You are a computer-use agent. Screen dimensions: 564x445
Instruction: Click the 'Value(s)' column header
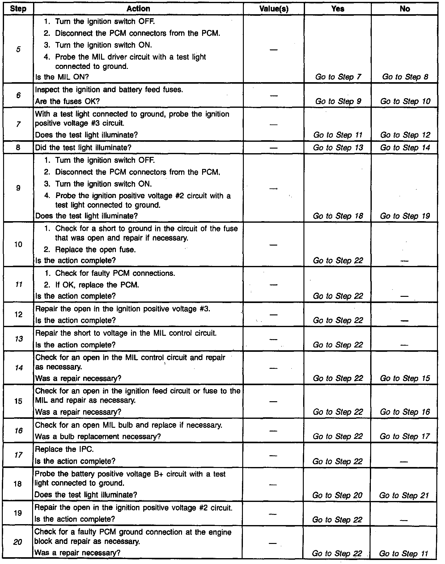pyautogui.click(x=274, y=9)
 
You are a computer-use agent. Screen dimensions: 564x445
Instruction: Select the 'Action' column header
pyautogui.click(x=138, y=9)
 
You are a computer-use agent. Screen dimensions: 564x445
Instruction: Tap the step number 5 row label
pyautogui.click(x=18, y=49)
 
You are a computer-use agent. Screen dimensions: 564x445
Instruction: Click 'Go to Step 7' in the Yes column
pyautogui.click(x=338, y=77)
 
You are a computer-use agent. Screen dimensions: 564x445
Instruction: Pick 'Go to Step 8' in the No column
pyautogui.click(x=405, y=77)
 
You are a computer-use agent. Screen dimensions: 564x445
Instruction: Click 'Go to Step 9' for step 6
pyautogui.click(x=338, y=101)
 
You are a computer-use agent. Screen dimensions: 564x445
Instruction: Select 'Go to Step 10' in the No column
pyautogui.click(x=405, y=101)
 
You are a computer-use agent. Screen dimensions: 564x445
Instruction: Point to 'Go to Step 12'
pyautogui.click(x=405, y=135)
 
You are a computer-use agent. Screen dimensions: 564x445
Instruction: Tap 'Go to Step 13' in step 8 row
pyautogui.click(x=338, y=148)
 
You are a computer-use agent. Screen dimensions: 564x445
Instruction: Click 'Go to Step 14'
pyautogui.click(x=405, y=148)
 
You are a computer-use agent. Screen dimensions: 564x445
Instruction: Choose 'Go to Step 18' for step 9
pyautogui.click(x=338, y=216)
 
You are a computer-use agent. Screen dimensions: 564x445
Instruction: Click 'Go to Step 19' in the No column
pyautogui.click(x=405, y=216)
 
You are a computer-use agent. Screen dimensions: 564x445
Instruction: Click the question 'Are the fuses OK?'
pyautogui.click(x=67, y=101)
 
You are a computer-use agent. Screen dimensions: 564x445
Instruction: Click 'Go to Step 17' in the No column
pyautogui.click(x=405, y=436)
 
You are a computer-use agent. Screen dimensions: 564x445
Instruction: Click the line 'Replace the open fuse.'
pyautogui.click(x=95, y=250)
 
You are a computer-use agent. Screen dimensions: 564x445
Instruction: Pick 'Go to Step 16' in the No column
pyautogui.click(x=405, y=412)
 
